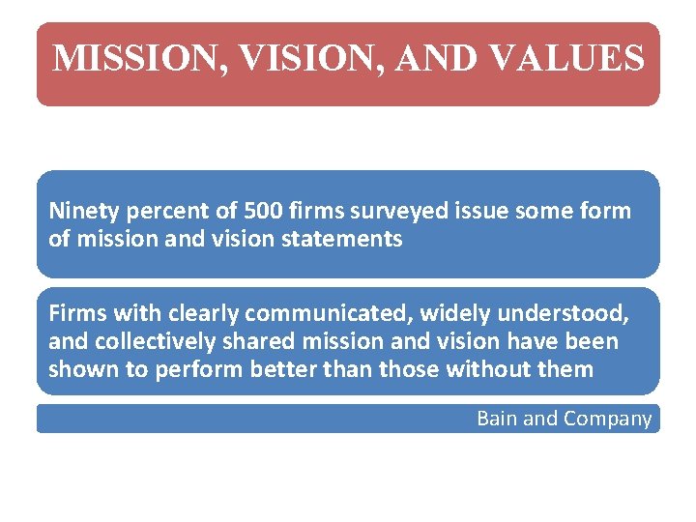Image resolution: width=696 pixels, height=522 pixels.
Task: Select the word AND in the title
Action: (x=437, y=59)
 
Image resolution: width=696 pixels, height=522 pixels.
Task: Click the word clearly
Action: (x=204, y=314)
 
